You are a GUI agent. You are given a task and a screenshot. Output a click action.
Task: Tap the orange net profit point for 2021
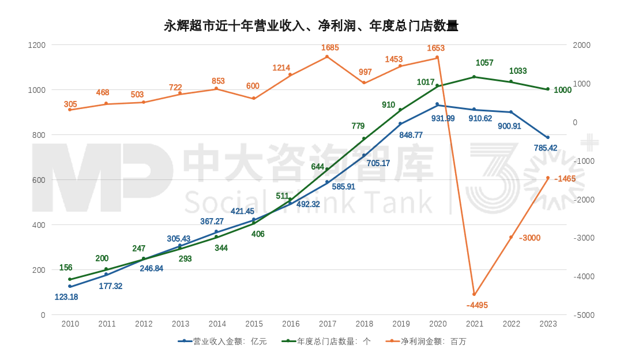point(474,294)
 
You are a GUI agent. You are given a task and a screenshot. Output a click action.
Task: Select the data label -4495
point(477,305)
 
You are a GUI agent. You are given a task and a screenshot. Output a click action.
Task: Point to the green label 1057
point(484,63)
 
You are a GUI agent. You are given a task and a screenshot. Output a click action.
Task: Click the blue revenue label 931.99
point(442,118)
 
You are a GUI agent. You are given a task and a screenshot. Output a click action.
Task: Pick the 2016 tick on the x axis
point(291,324)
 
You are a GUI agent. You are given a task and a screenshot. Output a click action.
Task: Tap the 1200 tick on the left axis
point(37,45)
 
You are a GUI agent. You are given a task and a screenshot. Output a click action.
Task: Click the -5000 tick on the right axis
point(583,316)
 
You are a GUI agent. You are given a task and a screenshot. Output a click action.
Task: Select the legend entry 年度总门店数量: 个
point(326,342)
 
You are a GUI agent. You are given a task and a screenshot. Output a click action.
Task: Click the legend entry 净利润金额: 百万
point(427,342)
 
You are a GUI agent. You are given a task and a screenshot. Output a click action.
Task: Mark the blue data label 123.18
point(66,297)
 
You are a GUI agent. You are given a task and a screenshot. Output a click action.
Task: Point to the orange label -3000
point(529,238)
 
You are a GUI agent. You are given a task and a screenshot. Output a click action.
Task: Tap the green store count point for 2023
point(548,89)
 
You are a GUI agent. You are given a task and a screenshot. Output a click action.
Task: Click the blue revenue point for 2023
point(548,137)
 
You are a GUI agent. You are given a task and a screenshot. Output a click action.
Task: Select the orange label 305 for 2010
point(70,104)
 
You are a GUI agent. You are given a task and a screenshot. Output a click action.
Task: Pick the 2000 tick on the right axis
point(581,45)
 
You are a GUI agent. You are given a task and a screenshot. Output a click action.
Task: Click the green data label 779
point(358,126)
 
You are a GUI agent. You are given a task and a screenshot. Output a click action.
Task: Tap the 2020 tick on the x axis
point(438,324)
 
